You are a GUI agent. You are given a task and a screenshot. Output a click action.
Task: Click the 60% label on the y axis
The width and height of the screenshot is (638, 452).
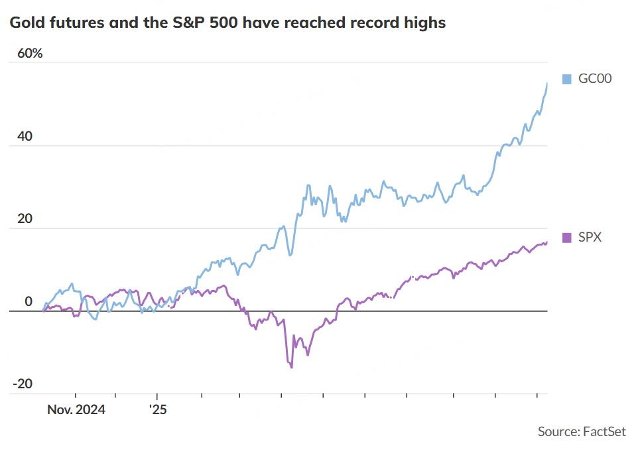point(30,53)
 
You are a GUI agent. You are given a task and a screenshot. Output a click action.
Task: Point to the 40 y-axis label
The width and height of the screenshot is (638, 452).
point(25,137)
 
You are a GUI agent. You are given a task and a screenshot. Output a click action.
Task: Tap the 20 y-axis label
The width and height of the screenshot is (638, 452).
point(25,219)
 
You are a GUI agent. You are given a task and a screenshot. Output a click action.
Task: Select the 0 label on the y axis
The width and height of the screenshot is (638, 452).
point(29,302)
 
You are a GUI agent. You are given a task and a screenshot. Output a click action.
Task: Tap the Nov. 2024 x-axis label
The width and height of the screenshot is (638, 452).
point(76,410)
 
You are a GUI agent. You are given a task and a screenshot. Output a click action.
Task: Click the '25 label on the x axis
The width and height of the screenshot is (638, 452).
point(158,410)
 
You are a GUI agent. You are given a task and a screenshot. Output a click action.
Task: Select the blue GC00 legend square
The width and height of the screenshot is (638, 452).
point(566,80)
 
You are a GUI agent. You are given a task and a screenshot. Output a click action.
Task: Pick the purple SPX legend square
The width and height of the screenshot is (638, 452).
point(566,238)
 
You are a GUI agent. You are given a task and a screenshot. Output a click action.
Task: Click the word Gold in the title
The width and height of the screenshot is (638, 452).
point(24,23)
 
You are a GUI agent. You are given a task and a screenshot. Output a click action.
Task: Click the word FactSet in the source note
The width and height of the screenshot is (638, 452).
point(604,432)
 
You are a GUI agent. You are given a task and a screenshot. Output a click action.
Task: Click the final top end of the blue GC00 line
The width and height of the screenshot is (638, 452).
point(547,84)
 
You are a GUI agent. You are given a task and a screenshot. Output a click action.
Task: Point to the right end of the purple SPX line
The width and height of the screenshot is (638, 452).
point(547,242)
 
